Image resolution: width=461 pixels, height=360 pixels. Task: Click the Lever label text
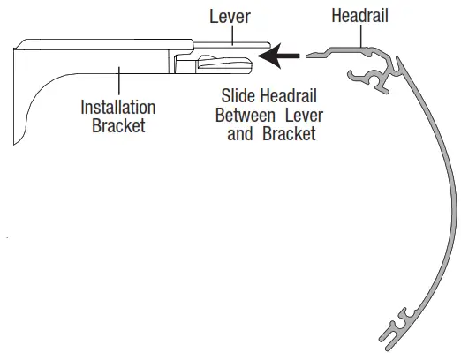[x=230, y=17]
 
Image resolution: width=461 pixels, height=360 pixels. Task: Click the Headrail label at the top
[x=359, y=16]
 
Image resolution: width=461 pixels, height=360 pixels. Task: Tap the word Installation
[x=118, y=108]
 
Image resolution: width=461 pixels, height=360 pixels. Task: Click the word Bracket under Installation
[x=118, y=126]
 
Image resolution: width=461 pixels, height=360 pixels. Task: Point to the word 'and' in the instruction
[x=240, y=134]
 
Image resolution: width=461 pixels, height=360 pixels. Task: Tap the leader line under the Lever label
[x=232, y=35]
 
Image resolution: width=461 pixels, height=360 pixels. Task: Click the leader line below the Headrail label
[x=361, y=36]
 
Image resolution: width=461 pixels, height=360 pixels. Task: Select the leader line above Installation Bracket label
[x=119, y=80]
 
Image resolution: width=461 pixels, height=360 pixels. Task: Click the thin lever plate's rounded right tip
[x=269, y=45]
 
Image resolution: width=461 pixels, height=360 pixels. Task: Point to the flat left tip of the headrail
[x=306, y=56]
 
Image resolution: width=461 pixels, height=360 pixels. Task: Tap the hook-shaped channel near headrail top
[x=371, y=79]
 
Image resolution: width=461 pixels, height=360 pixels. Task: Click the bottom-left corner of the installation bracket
[x=14, y=145]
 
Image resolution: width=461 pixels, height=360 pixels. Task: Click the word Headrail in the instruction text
[x=289, y=96]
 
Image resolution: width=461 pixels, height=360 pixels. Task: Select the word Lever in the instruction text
[x=304, y=116]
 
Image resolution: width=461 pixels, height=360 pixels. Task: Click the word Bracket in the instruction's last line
[x=289, y=134]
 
